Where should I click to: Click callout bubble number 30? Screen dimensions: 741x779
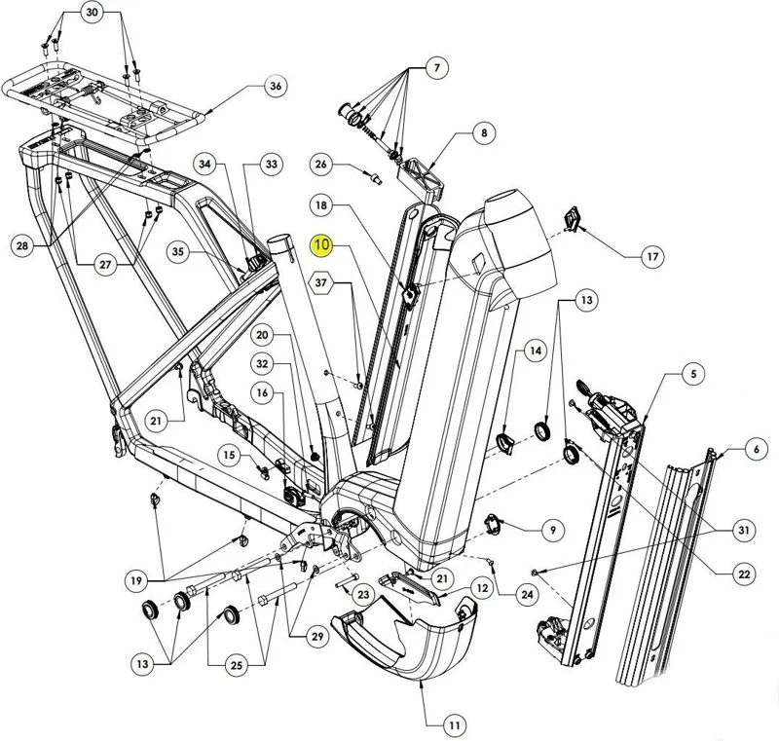tap(92, 13)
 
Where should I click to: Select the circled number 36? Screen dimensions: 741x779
tap(277, 87)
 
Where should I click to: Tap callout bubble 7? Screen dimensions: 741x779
tap(436, 68)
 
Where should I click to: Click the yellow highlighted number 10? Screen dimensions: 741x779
tap(322, 245)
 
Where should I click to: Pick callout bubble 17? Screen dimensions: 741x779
tap(651, 257)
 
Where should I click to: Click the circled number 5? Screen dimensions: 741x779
tap(693, 374)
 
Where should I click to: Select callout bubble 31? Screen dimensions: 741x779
tap(744, 530)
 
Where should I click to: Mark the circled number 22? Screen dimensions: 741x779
tap(744, 574)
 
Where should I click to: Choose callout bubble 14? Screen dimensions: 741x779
tap(535, 350)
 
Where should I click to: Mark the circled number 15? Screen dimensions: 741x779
tap(227, 454)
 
